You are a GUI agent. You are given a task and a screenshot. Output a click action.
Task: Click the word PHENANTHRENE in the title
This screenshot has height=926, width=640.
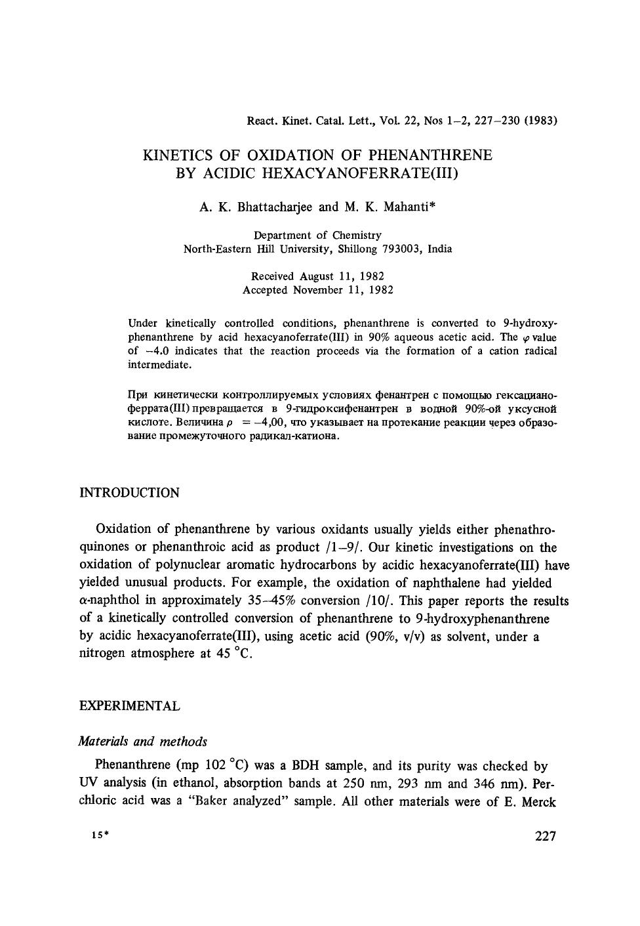click(431, 156)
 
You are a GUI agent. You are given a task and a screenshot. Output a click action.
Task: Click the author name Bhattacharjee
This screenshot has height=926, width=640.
click(275, 207)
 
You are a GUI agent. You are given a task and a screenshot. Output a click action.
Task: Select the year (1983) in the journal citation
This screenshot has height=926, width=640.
click(540, 121)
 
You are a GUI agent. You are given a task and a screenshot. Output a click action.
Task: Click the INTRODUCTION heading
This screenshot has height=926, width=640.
click(129, 494)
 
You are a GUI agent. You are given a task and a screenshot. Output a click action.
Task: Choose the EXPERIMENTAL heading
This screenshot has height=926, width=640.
click(129, 706)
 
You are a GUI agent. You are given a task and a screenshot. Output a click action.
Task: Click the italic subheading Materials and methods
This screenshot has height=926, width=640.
click(142, 741)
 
